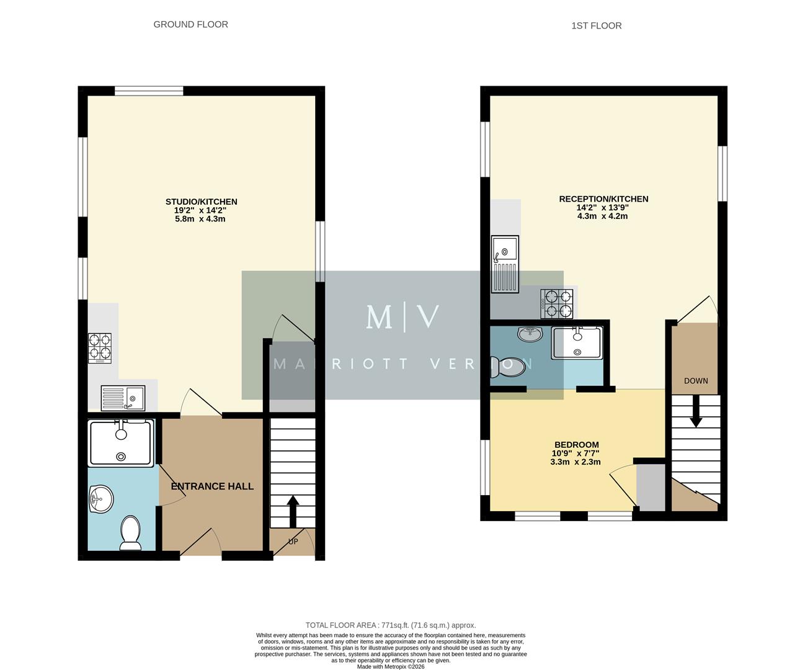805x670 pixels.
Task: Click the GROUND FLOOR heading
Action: (190, 25)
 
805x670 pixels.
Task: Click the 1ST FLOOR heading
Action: (596, 26)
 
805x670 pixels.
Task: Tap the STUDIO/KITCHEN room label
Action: (201, 202)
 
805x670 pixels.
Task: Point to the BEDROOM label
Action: (576, 445)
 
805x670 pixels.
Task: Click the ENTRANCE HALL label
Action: (212, 486)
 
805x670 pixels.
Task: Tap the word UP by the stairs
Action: (293, 542)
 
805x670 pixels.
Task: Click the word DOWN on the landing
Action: (695, 381)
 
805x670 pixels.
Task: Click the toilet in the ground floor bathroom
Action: (130, 534)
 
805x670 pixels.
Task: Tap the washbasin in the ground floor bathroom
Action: (100, 499)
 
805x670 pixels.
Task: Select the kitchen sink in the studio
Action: (123, 398)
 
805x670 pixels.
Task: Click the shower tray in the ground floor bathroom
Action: (121, 443)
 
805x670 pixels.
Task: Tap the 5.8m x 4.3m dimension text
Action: (200, 219)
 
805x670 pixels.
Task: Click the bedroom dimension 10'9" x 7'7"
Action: (576, 453)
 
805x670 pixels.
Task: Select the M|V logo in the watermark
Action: (403, 317)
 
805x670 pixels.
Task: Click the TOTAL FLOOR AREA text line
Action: (391, 625)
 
